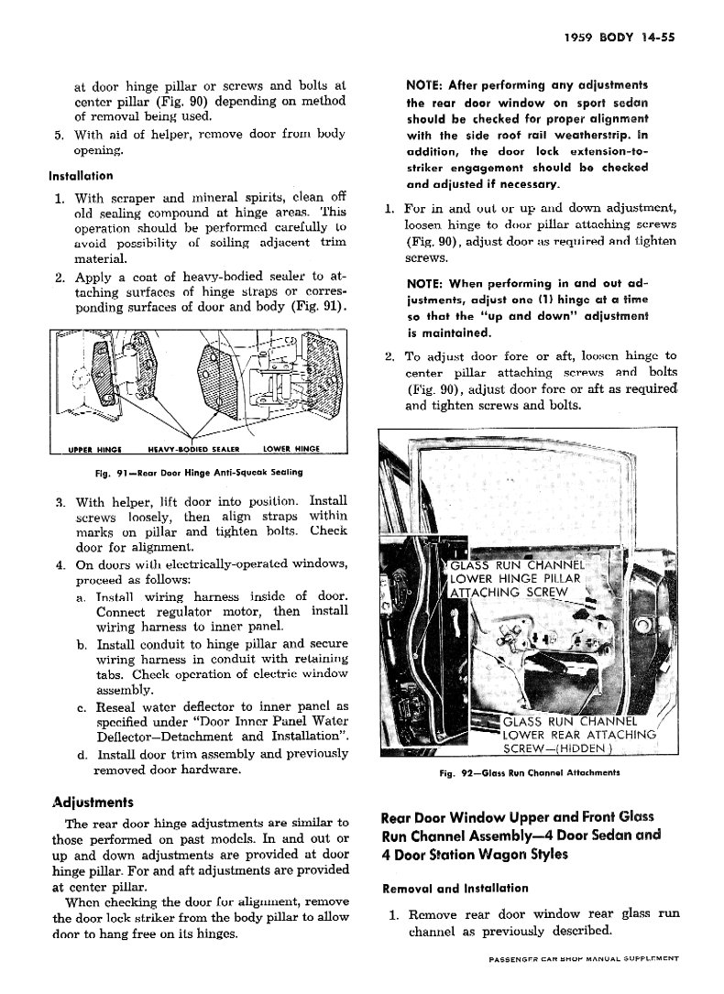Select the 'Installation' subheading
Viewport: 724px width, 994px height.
(81, 175)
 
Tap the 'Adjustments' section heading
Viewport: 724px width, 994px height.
(93, 803)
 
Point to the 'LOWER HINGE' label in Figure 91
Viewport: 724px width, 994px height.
(290, 449)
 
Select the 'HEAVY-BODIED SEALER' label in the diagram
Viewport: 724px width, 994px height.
(192, 449)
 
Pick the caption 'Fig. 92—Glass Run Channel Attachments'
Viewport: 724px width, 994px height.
(531, 772)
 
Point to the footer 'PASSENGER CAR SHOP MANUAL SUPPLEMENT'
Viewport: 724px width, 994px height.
(583, 958)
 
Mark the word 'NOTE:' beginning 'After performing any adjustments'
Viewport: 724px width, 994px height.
(425, 85)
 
